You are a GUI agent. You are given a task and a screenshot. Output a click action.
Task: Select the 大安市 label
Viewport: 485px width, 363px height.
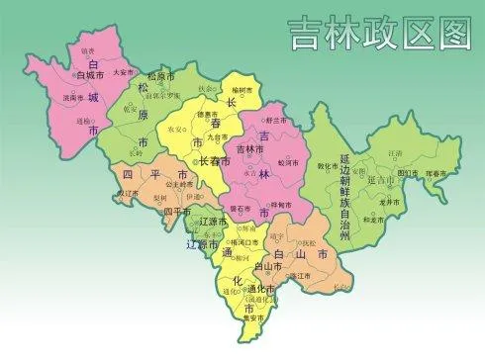pos(123,72)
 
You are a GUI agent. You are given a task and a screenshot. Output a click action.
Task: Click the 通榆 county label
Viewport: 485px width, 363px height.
pos(82,119)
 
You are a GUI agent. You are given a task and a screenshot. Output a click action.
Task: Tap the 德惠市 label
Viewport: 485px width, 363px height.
pos(207,114)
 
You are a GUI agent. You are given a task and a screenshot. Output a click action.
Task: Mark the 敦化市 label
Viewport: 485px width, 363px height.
pos(329,166)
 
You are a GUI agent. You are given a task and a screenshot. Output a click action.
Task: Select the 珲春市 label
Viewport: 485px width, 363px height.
pos(436,174)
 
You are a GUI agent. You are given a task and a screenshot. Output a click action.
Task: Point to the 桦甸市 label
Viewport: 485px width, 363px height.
pos(280,204)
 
